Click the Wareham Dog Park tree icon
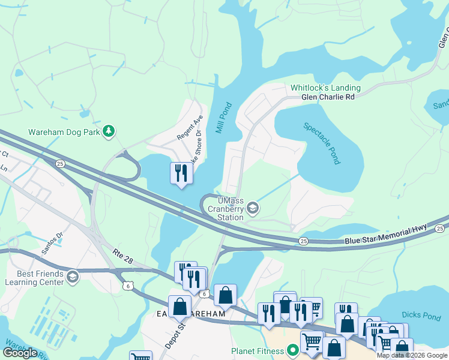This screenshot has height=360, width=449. click(x=108, y=131)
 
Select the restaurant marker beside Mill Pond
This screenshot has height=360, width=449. click(x=181, y=173)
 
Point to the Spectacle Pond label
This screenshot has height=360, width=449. click(x=322, y=143)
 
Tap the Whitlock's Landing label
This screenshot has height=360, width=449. click(x=322, y=88)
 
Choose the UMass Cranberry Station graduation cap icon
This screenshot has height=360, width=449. click(x=253, y=208)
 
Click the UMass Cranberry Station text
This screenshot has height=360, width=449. click(x=223, y=209)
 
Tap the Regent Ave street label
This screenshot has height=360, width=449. click(x=183, y=128)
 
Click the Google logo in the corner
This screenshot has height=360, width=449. click(x=20, y=352)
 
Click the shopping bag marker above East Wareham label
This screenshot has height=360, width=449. click(x=225, y=295)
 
